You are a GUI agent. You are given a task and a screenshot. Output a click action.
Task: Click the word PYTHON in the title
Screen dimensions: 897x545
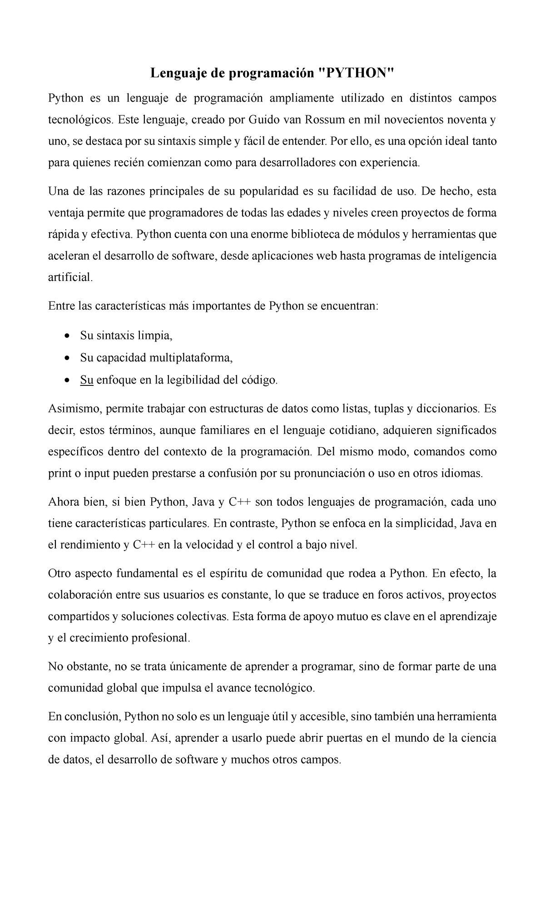(354, 73)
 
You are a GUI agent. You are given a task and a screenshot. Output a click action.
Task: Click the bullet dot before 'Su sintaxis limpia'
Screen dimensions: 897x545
(68, 336)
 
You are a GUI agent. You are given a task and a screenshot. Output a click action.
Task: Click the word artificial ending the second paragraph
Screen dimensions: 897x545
(69, 277)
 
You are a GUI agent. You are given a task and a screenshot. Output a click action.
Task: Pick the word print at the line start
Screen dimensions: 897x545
(60, 473)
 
